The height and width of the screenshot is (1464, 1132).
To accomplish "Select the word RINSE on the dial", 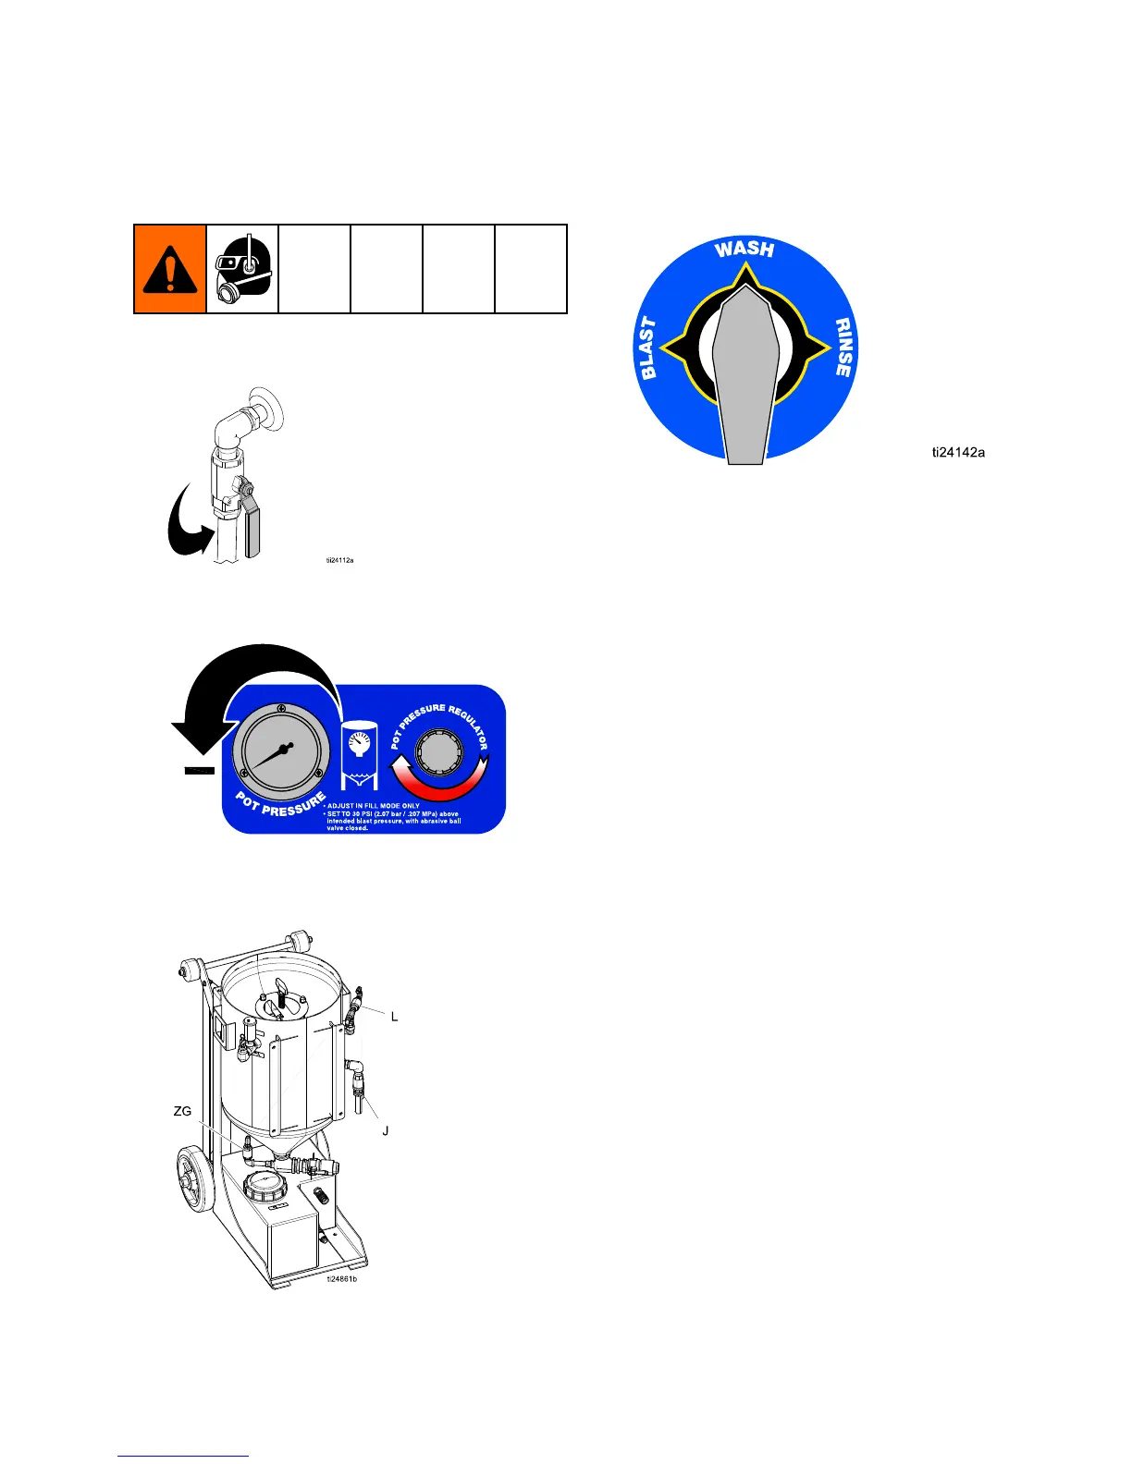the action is click(x=843, y=348).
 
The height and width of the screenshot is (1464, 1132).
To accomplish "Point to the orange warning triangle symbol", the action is click(x=170, y=269).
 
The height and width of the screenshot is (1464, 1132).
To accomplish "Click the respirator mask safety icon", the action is click(x=242, y=268).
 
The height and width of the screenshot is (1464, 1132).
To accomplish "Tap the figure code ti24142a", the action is click(x=957, y=453).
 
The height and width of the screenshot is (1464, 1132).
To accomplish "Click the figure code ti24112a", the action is click(x=339, y=560).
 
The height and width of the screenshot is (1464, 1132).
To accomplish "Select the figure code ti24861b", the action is click(x=341, y=1279).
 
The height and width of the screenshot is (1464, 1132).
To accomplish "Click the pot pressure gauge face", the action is click(x=280, y=752).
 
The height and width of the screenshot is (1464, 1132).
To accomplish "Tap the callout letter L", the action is click(x=395, y=1017).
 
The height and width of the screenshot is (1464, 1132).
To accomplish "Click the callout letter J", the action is click(x=385, y=1130).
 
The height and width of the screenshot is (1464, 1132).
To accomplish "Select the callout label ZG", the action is click(x=183, y=1111).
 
